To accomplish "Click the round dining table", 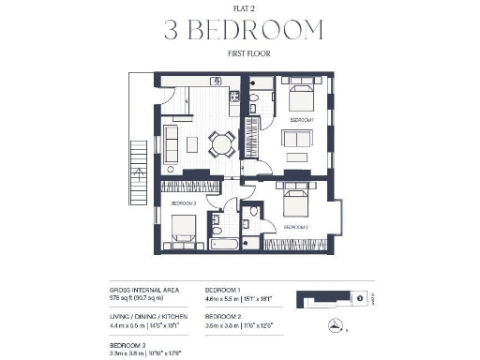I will (221, 142).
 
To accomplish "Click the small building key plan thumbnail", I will (336, 299).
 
